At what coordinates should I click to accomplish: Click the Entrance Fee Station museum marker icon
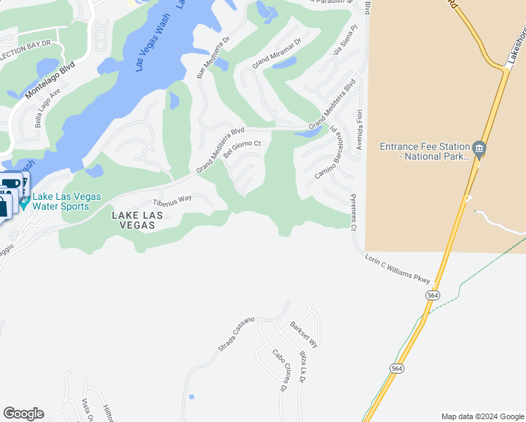tap(479, 148)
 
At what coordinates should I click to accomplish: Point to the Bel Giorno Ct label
tap(242, 150)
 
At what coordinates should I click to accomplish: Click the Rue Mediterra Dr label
tap(213, 58)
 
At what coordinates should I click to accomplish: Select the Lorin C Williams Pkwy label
tap(397, 269)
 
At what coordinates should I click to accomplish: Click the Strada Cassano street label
tap(236, 334)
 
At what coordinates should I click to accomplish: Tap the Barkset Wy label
tap(304, 334)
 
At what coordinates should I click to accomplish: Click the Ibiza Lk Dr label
tap(302, 369)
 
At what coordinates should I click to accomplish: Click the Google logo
tap(23, 414)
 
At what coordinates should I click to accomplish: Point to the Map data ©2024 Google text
tap(482, 416)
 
